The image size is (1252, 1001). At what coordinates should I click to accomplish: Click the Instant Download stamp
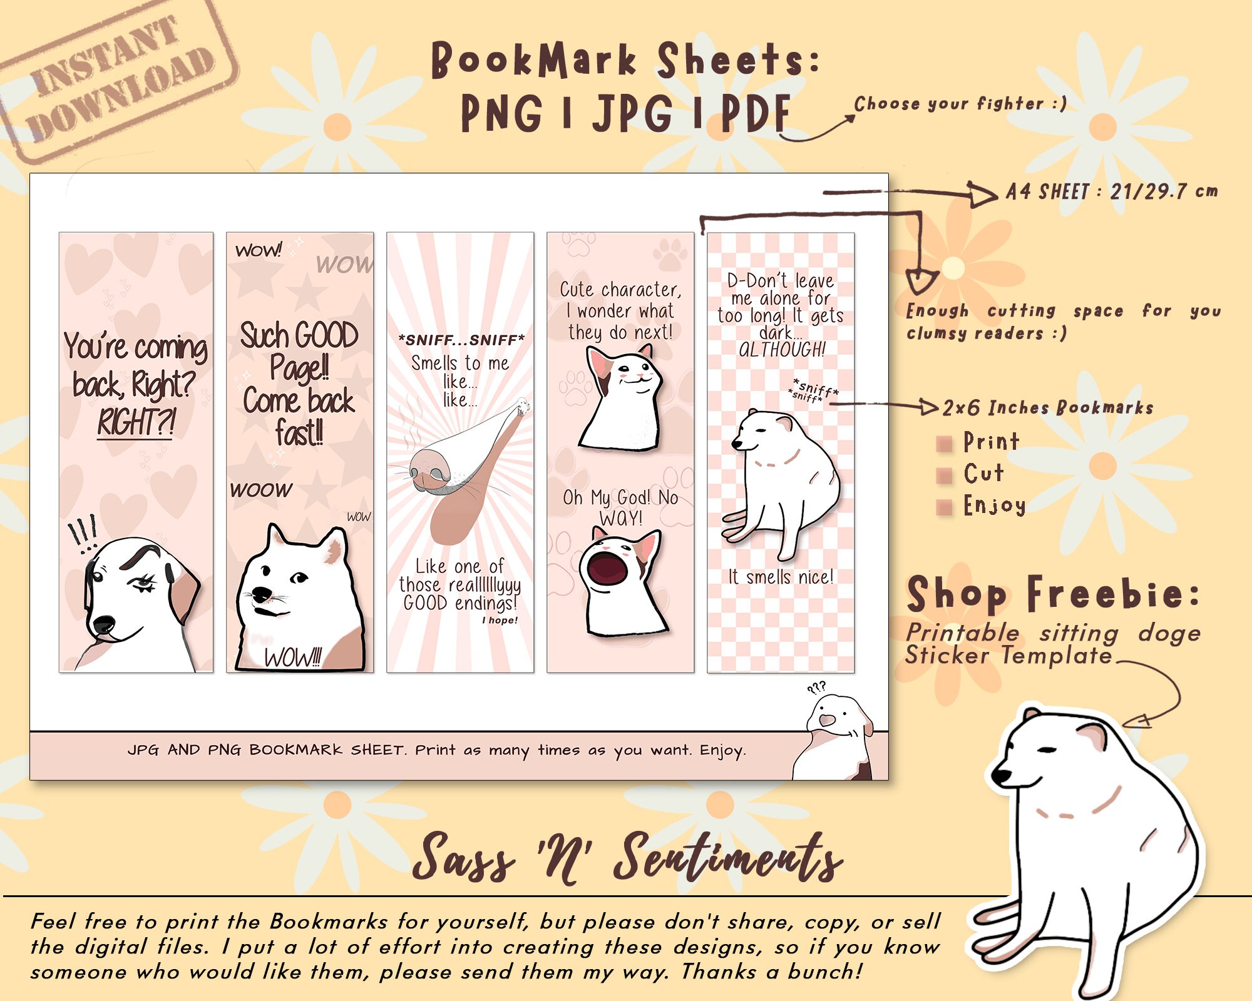(119, 81)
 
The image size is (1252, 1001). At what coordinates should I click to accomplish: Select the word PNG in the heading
(501, 114)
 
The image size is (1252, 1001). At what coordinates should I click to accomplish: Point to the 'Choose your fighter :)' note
(960, 104)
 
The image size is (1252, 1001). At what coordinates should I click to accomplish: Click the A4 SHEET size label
(1112, 191)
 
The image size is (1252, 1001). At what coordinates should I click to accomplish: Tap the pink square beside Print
(944, 444)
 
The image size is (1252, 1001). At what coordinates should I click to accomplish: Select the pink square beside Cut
(944, 476)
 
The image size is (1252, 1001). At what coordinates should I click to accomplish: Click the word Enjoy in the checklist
(995, 505)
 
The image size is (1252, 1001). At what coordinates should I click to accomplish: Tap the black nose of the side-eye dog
(103, 624)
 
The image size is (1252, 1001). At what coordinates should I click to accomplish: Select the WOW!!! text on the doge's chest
(292, 658)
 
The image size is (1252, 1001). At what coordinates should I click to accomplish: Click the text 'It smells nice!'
(781, 577)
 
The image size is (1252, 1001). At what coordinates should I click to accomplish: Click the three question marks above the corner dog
(816, 688)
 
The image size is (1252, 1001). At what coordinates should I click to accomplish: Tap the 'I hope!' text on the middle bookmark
(500, 620)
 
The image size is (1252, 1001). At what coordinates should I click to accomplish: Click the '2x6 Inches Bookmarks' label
(1048, 408)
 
